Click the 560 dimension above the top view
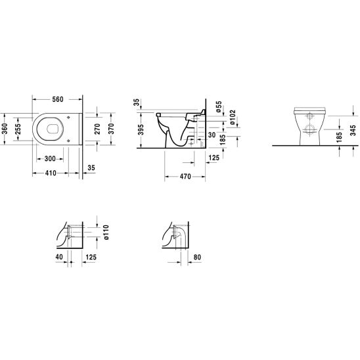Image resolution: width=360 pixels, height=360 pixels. tap(57, 99)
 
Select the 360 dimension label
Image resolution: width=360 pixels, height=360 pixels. tap(5, 129)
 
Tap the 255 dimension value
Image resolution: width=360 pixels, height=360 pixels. tap(18, 129)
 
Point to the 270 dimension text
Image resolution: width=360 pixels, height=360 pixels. tap(97, 129)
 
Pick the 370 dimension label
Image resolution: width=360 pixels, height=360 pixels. tap(111, 129)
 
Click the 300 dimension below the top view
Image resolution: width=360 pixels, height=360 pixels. tap(50, 158)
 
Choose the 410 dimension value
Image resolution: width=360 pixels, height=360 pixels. tap(51, 173)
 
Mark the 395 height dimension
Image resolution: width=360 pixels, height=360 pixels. tap(141, 129)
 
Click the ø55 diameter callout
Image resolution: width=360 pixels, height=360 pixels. tap(219, 106)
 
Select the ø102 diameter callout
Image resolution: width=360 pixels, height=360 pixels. tap(233, 118)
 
